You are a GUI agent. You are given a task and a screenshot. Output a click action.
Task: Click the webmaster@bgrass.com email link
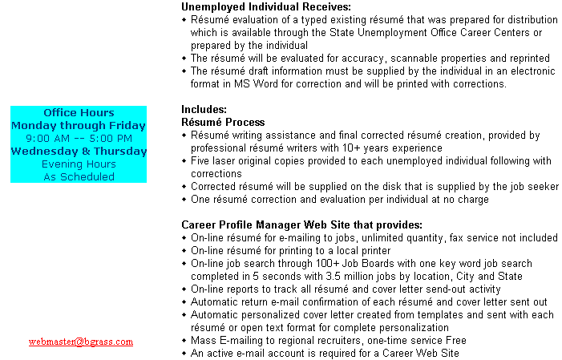pos(81,342)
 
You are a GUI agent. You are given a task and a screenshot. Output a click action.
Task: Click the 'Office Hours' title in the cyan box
pos(79,112)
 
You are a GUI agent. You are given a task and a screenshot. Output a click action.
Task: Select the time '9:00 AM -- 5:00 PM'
pos(79,139)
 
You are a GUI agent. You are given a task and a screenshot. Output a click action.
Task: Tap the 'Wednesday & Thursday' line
pos(79,151)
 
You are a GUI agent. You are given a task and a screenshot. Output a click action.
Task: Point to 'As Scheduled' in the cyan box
pos(79,176)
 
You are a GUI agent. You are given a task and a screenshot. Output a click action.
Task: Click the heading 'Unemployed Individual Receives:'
pos(266,6)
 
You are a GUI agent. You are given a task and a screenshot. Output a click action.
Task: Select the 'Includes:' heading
pos(204,109)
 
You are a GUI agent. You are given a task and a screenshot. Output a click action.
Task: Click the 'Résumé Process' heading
pos(223,122)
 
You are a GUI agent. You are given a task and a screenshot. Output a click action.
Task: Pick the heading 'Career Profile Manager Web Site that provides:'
pos(301,224)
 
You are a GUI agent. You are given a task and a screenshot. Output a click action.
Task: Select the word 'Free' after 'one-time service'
pos(456,340)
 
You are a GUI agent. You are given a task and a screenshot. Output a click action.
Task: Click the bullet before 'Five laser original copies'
pos(184,161)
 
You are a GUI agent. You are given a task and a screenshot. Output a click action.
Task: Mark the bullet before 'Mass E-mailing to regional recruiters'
pos(184,340)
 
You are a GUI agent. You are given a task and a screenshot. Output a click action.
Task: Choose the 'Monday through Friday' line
pos(79,126)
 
